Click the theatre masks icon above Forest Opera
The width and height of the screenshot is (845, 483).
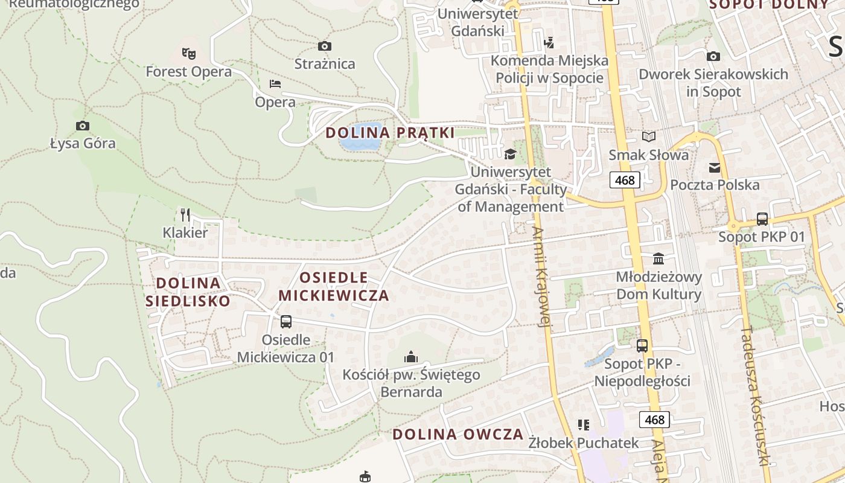click(189, 54)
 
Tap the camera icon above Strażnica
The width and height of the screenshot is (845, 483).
click(325, 46)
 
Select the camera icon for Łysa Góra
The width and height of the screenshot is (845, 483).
click(83, 126)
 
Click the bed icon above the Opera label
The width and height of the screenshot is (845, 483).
click(275, 83)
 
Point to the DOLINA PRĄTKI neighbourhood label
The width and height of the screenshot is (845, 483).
click(390, 133)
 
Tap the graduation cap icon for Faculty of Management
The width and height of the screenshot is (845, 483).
click(510, 153)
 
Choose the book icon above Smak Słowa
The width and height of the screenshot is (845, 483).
click(648, 137)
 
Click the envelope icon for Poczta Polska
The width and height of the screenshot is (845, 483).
click(715, 167)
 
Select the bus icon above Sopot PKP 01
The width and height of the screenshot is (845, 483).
click(762, 219)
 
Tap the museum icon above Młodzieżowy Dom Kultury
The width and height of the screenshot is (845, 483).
click(658, 258)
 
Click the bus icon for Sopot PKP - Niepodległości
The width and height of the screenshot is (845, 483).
click(642, 346)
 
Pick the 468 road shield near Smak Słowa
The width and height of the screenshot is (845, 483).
click(625, 180)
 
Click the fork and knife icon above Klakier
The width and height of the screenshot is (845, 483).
click(185, 214)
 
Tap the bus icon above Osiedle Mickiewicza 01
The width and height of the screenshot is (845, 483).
click(286, 322)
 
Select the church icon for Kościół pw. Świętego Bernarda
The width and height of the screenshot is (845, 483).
click(411, 357)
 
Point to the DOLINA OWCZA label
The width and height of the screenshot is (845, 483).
click(458, 434)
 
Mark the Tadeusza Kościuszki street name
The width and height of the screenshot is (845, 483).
click(754, 395)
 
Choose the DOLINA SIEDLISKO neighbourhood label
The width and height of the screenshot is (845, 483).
click(188, 292)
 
